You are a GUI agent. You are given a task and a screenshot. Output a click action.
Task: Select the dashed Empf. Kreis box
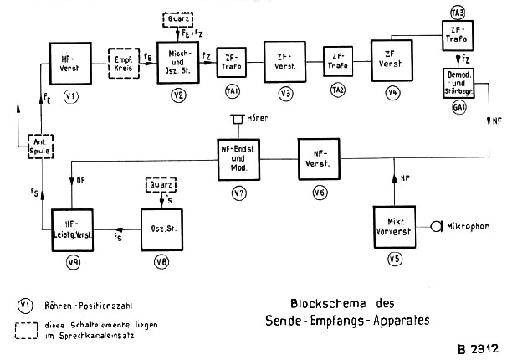(x=123, y=62)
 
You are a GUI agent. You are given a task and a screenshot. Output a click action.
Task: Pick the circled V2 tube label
(x=178, y=95)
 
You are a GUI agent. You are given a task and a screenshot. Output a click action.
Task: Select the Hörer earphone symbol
(x=239, y=119)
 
